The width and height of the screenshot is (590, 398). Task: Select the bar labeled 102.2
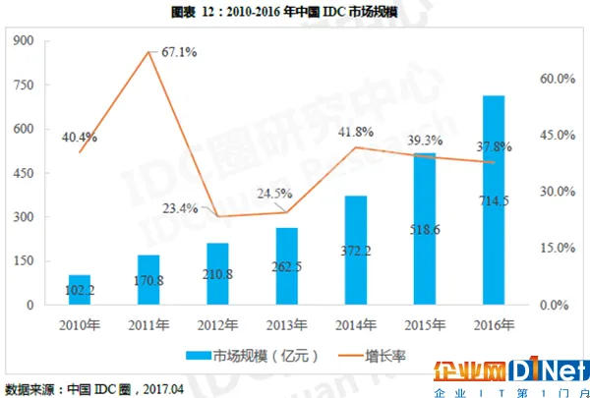coord(80,290)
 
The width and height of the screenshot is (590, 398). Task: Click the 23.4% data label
coord(180,207)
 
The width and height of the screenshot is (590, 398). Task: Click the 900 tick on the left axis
coord(25,40)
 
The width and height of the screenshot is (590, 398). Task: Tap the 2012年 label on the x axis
coord(217,325)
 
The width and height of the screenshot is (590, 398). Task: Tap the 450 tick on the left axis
coord(25,173)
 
